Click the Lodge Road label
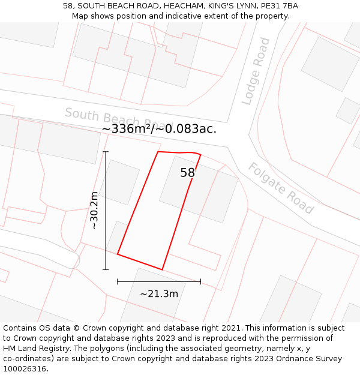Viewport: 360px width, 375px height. (x=256, y=71)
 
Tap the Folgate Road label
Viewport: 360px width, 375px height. (x=281, y=188)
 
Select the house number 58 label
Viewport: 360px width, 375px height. (x=187, y=173)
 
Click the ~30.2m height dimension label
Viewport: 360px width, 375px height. (x=94, y=211)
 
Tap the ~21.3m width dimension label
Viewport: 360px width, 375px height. (x=159, y=294)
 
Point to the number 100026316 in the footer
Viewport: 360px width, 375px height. (x=26, y=368)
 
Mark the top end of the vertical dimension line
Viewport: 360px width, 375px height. (x=106, y=152)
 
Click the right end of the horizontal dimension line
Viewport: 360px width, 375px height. (x=200, y=281)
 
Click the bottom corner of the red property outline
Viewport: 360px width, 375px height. (x=162, y=269)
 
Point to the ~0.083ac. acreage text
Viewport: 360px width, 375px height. (x=186, y=129)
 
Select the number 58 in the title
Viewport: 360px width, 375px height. (x=68, y=6)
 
